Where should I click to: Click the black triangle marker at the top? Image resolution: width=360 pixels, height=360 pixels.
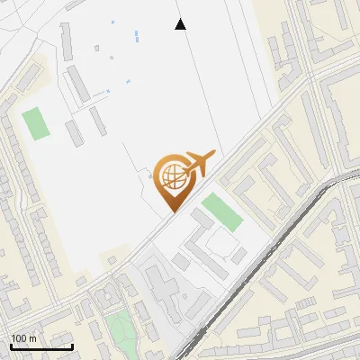[x=180, y=24]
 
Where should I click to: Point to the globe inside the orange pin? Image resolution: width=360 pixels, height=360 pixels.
[x=171, y=175]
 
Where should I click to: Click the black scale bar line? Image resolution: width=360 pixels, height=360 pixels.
[x=41, y=346]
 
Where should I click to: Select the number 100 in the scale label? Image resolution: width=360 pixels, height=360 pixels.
[x=20, y=338]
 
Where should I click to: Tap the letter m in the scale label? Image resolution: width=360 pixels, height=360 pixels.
[x=33, y=338]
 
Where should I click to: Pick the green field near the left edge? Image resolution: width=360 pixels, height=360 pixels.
[x=36, y=123]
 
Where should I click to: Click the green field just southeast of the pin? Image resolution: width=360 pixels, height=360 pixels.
[x=221, y=211]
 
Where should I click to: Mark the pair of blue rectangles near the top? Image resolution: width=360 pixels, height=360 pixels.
[x=136, y=37]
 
